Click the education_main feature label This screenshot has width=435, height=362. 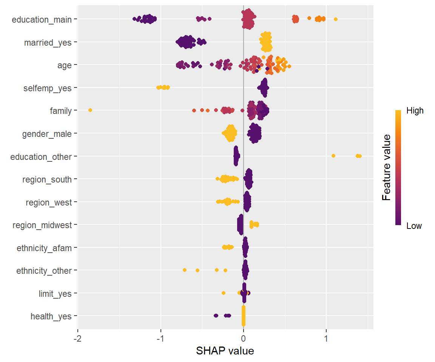42,20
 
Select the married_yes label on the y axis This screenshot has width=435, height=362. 48,43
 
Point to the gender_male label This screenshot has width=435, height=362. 47,134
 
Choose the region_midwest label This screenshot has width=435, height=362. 42,225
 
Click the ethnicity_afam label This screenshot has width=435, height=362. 44,248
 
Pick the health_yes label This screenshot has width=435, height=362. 51,316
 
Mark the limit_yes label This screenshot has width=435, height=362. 55,294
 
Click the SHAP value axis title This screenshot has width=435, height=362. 225,351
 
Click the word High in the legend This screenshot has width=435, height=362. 415,111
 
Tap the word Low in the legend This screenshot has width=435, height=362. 414,226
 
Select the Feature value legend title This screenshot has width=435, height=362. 386,168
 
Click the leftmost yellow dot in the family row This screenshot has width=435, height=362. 90,110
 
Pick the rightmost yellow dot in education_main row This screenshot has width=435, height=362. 336,19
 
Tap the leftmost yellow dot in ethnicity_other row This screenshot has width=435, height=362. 184,270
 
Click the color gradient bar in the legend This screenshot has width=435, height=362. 398,168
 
